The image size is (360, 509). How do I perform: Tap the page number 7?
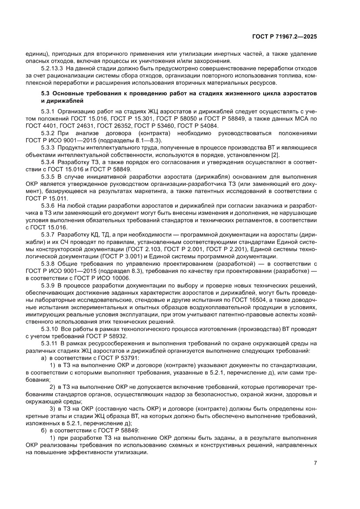point(315,462)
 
